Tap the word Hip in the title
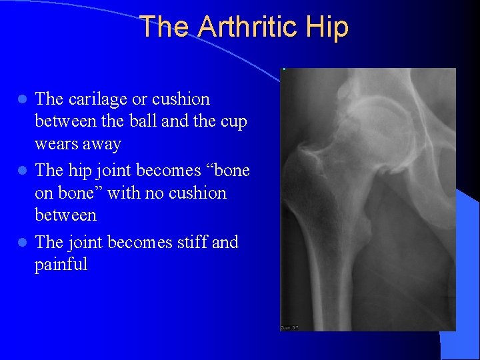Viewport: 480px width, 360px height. pos(328,27)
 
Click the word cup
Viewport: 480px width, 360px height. pos(233,122)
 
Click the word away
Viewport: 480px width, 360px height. pos(102,144)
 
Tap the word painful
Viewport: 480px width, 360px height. pos(61,265)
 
